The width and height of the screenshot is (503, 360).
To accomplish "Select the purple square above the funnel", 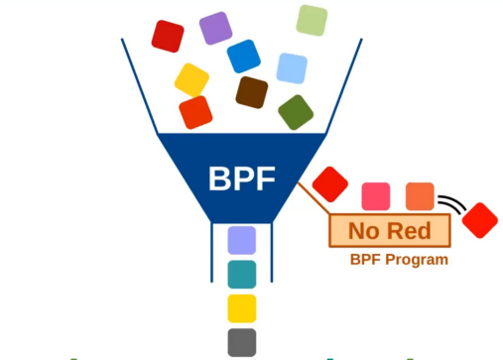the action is (215, 29).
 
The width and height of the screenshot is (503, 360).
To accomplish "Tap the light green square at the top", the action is (312, 20).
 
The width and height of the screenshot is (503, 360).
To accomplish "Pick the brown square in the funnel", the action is (252, 91).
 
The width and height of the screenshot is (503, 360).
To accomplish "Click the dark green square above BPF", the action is (295, 112).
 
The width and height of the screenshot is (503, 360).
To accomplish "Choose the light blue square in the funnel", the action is (292, 67).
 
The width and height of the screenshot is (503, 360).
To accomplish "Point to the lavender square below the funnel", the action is (241, 240).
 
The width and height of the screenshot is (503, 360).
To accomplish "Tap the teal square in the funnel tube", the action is (241, 274).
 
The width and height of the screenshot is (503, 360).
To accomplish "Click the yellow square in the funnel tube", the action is (241, 307).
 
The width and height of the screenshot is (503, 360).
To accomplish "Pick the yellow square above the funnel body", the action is (191, 78).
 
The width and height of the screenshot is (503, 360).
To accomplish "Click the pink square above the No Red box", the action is (376, 195).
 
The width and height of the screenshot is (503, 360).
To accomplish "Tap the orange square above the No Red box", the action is (420, 195).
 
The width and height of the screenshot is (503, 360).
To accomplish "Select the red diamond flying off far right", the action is (481, 219).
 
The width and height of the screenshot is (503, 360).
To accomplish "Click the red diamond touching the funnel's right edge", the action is (329, 183).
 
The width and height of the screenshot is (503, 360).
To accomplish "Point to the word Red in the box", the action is (408, 232).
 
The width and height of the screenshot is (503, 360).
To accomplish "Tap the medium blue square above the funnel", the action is (243, 56).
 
